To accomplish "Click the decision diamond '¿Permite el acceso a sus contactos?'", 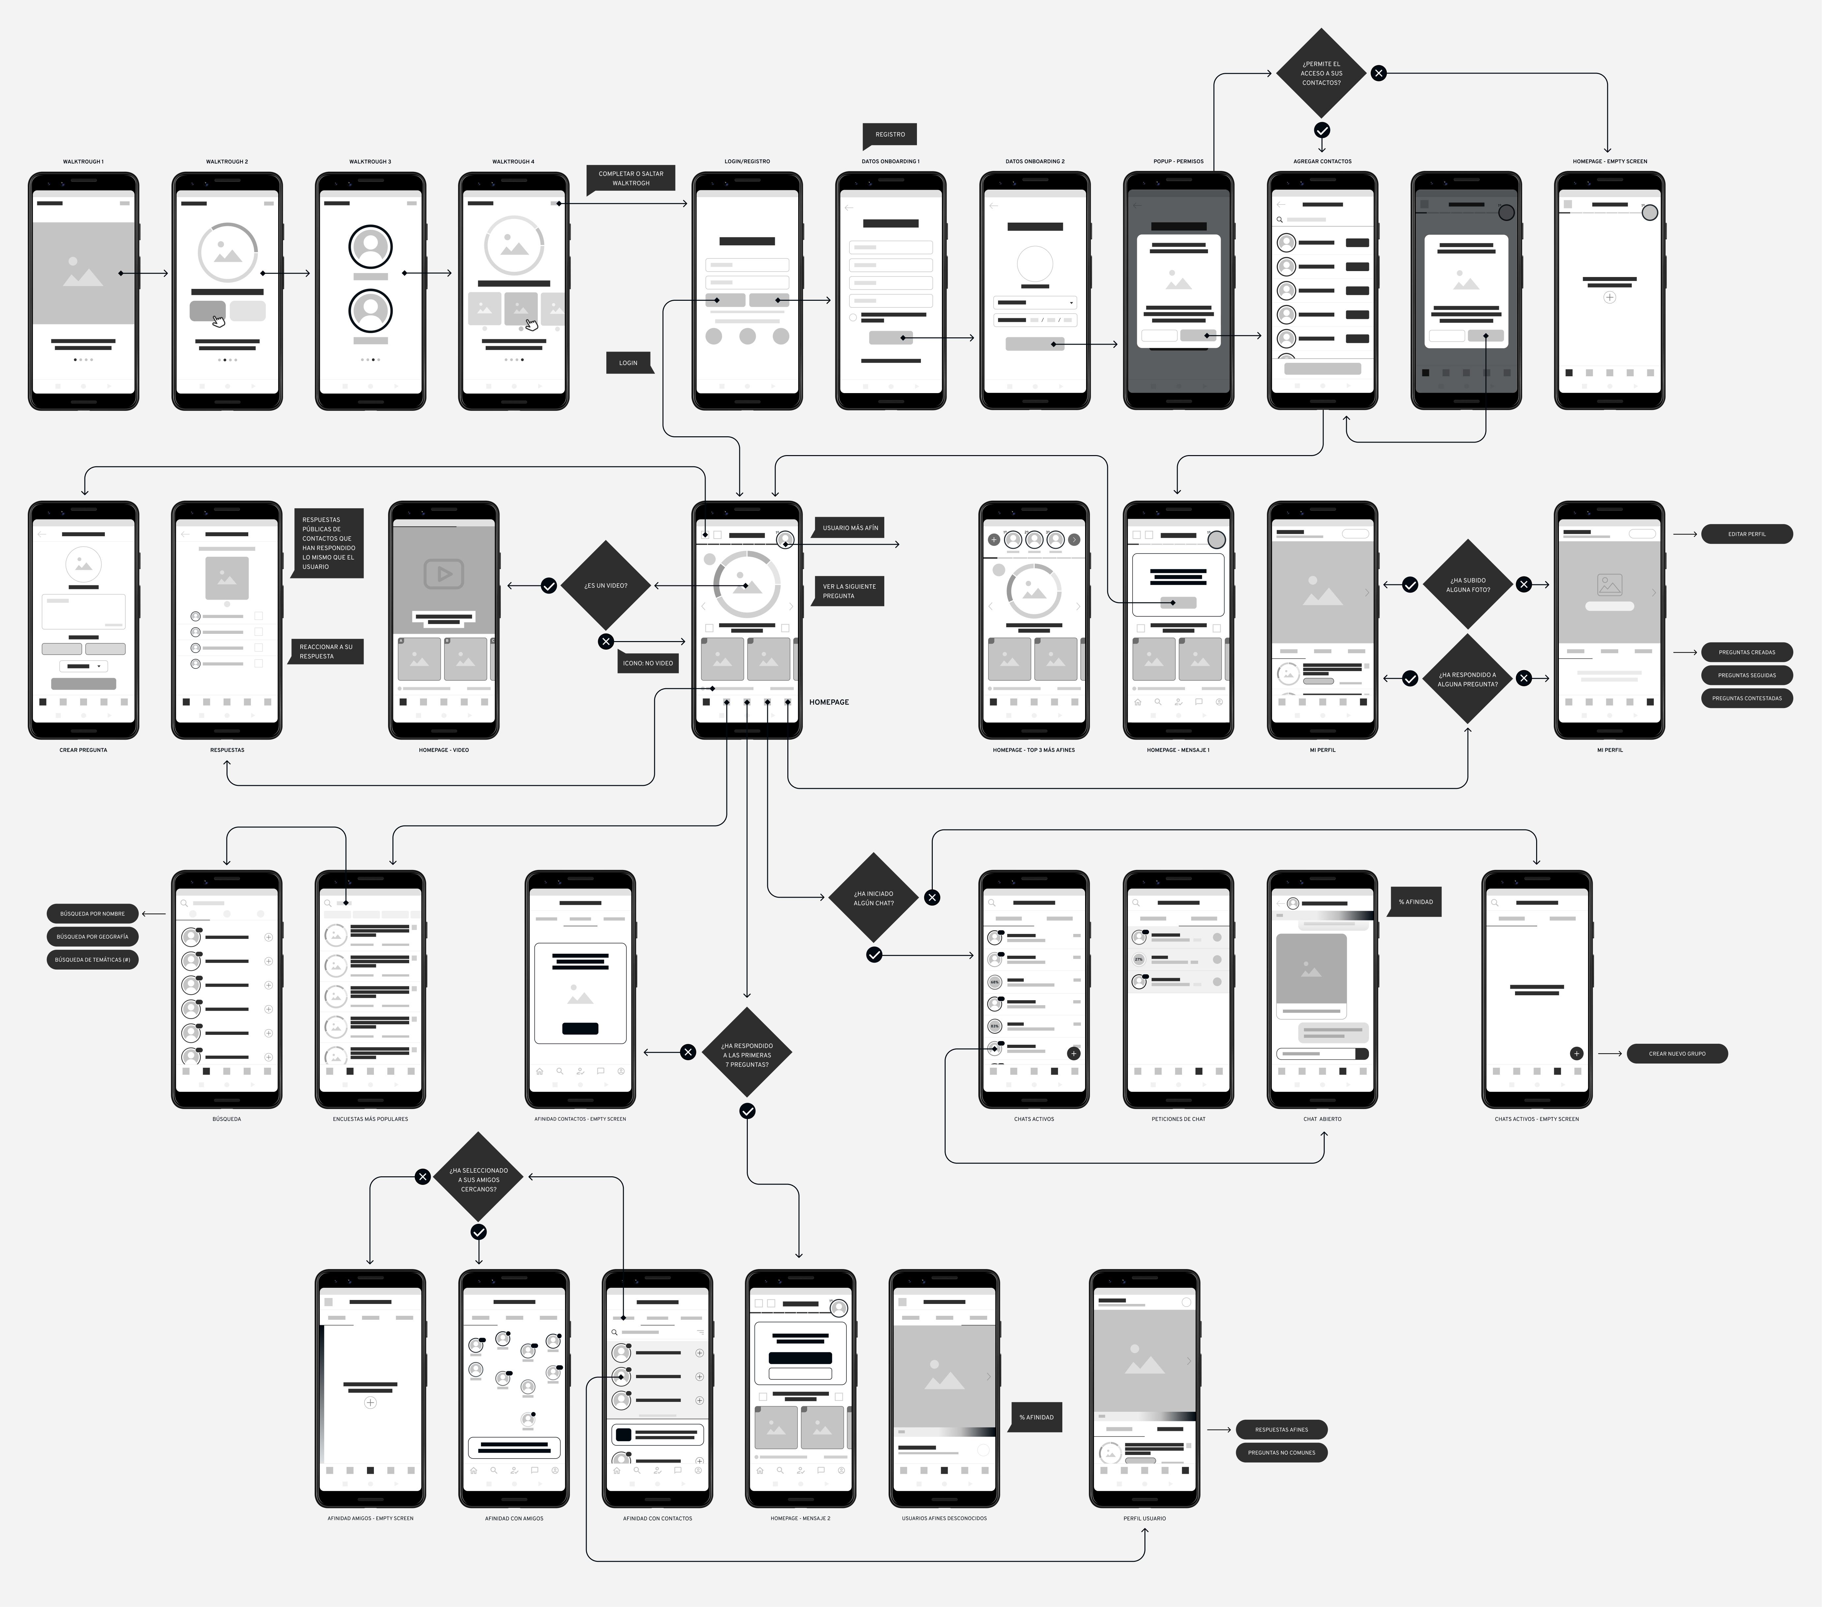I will point(1321,73).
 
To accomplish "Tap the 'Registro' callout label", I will point(890,135).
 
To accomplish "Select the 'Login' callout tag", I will point(628,363).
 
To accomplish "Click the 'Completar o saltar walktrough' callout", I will point(630,178).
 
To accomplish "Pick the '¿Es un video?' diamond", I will point(606,586).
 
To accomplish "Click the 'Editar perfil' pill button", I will point(1746,534).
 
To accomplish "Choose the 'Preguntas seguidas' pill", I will point(1746,675).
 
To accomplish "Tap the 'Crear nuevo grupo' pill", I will point(1677,1053).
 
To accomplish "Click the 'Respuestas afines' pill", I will point(1281,1430).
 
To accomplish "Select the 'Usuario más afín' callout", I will point(849,528).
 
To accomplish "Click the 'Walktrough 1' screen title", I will point(83,161).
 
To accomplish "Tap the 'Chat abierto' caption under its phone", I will point(1322,1118).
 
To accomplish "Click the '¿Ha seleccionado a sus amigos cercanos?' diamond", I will point(479,1179).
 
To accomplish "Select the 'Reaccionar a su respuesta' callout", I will point(326,651).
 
